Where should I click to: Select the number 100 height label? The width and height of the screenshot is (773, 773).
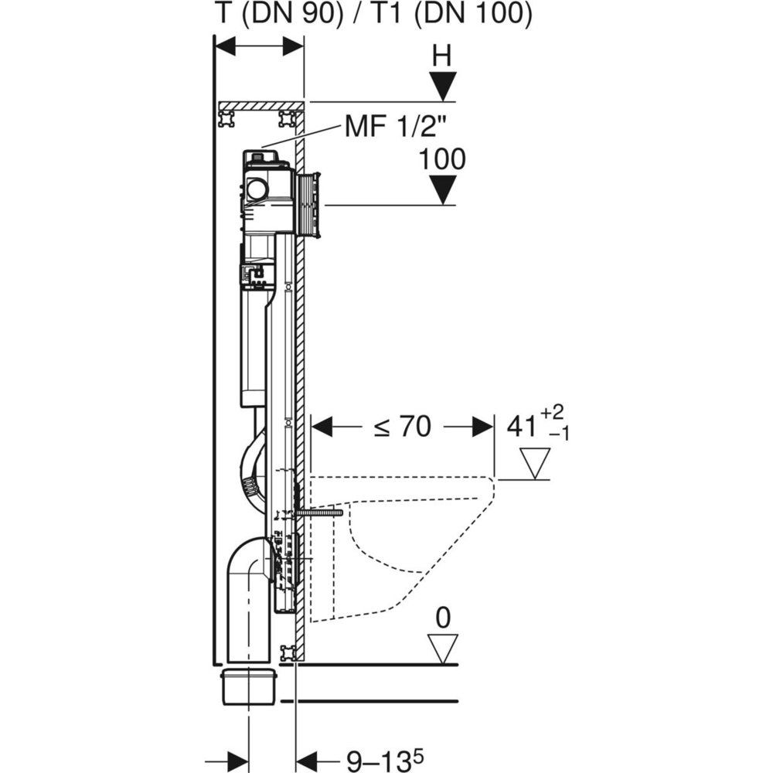(x=442, y=159)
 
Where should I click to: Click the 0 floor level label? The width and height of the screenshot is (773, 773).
(x=443, y=618)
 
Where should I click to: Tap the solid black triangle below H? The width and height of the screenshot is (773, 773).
(x=442, y=85)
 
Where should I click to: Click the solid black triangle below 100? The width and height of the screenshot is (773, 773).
(x=442, y=189)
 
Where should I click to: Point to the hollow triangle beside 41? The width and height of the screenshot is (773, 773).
(x=534, y=462)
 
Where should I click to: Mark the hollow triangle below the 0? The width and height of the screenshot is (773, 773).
(x=443, y=648)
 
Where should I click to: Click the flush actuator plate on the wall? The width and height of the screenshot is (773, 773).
(x=309, y=205)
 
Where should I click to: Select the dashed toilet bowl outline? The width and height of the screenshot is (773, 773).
(x=402, y=541)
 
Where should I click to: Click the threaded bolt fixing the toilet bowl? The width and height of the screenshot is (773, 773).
(x=318, y=512)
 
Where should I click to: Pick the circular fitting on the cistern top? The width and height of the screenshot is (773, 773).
(x=257, y=188)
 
